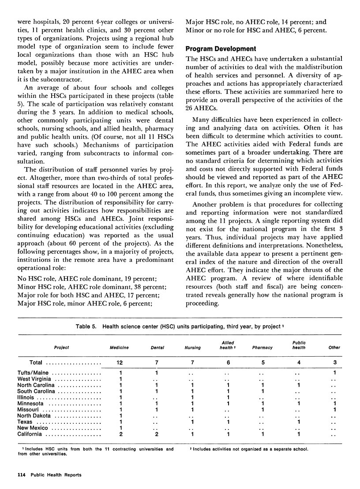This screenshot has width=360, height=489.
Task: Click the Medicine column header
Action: click(119, 347)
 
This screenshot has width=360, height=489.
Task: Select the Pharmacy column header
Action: click(263, 347)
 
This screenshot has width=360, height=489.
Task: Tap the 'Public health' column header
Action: click(300, 345)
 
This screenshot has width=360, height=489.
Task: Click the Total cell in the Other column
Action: click(334, 362)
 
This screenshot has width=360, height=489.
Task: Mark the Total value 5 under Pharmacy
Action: click(263, 362)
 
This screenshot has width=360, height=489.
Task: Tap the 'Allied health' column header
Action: click(228, 345)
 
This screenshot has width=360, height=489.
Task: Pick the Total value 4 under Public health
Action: click(300, 362)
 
